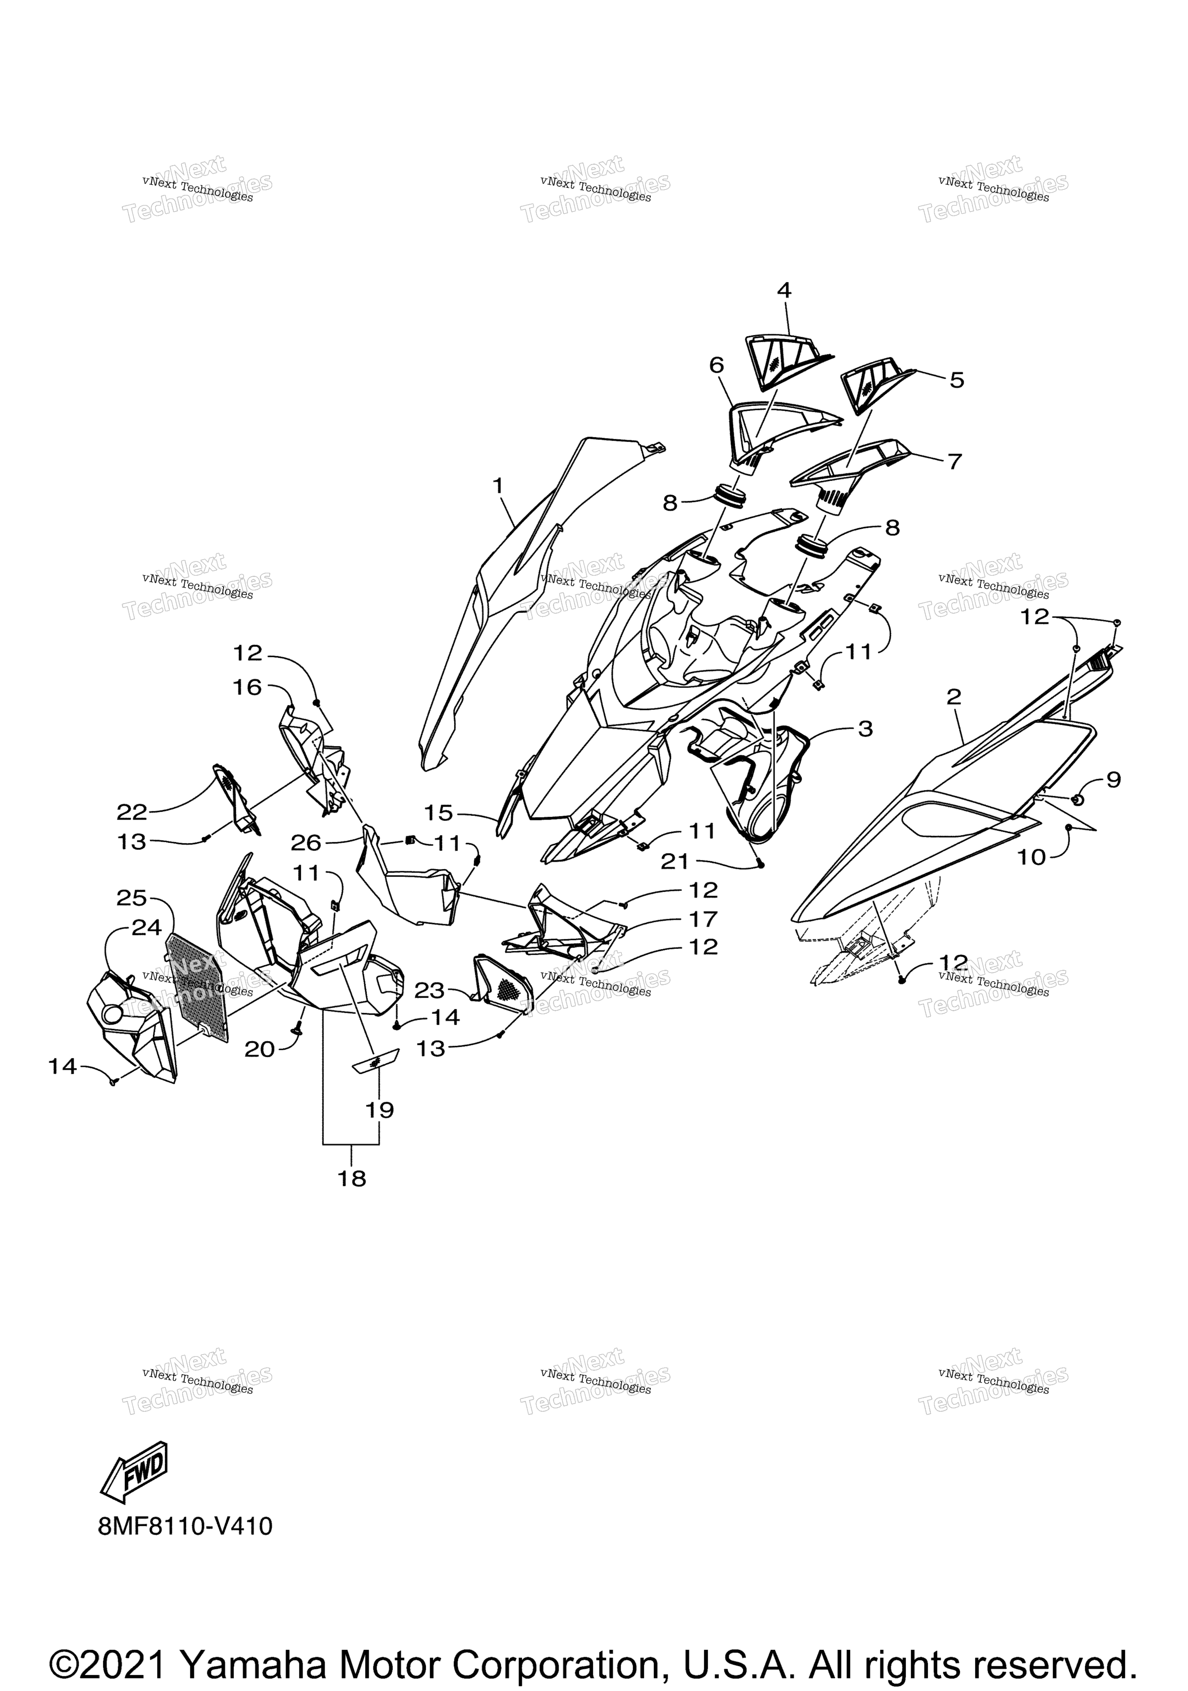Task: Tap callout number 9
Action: pos(1113,779)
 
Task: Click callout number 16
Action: pos(248,687)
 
